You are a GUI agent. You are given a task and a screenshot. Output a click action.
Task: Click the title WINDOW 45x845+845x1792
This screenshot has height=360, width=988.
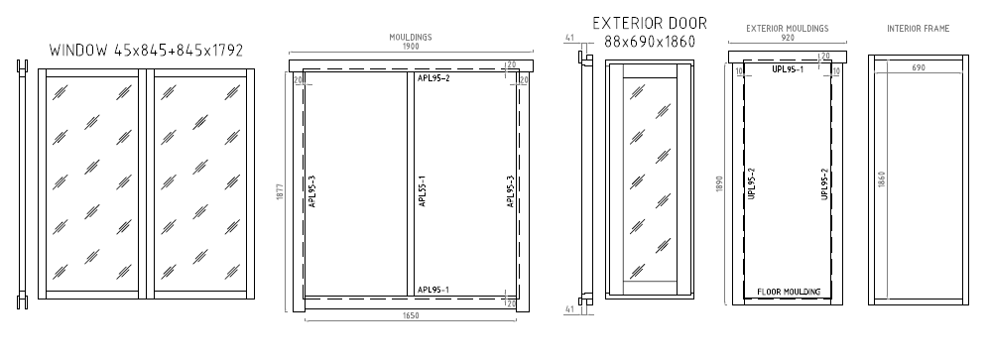click(146, 51)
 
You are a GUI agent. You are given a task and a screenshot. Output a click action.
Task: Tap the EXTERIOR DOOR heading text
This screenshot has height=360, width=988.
click(650, 24)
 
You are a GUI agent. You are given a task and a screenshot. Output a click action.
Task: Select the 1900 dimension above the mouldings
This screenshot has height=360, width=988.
click(411, 46)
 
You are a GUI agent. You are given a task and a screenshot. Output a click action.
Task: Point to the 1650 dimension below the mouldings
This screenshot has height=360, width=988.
click(411, 315)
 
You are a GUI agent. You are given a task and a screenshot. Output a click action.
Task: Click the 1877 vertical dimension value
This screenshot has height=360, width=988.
click(280, 191)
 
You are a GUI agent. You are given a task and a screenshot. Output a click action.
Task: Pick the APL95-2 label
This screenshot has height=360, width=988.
click(432, 78)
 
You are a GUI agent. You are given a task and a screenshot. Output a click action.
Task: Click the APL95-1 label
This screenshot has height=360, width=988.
click(432, 290)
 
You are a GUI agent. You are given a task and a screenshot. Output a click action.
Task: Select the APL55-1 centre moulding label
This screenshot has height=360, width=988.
click(423, 191)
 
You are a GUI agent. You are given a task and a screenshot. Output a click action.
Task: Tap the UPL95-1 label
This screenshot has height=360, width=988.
click(788, 69)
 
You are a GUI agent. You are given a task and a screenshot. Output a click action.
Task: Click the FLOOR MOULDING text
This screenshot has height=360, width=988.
click(789, 292)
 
